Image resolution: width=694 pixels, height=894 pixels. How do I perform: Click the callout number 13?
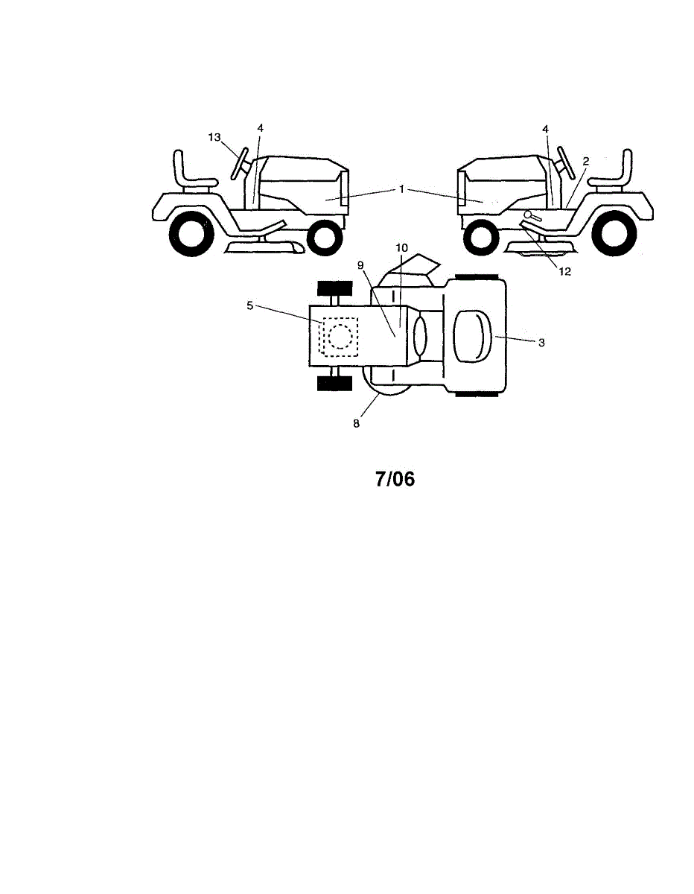(214, 136)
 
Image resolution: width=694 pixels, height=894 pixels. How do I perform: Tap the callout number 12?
(564, 271)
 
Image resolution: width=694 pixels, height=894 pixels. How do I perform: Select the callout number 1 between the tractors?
(401, 189)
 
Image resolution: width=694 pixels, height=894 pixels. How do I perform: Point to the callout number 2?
(586, 160)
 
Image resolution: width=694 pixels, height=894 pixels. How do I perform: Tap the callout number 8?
(357, 422)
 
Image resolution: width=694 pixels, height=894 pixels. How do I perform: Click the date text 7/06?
(394, 478)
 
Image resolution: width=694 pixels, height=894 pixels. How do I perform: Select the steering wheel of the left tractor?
(240, 162)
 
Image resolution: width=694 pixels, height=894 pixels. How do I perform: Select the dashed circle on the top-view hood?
(340, 337)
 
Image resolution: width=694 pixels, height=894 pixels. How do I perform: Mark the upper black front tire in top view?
(334, 291)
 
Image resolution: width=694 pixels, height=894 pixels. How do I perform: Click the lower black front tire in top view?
(334, 383)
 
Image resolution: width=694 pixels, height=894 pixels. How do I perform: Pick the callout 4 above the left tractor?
(260, 128)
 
